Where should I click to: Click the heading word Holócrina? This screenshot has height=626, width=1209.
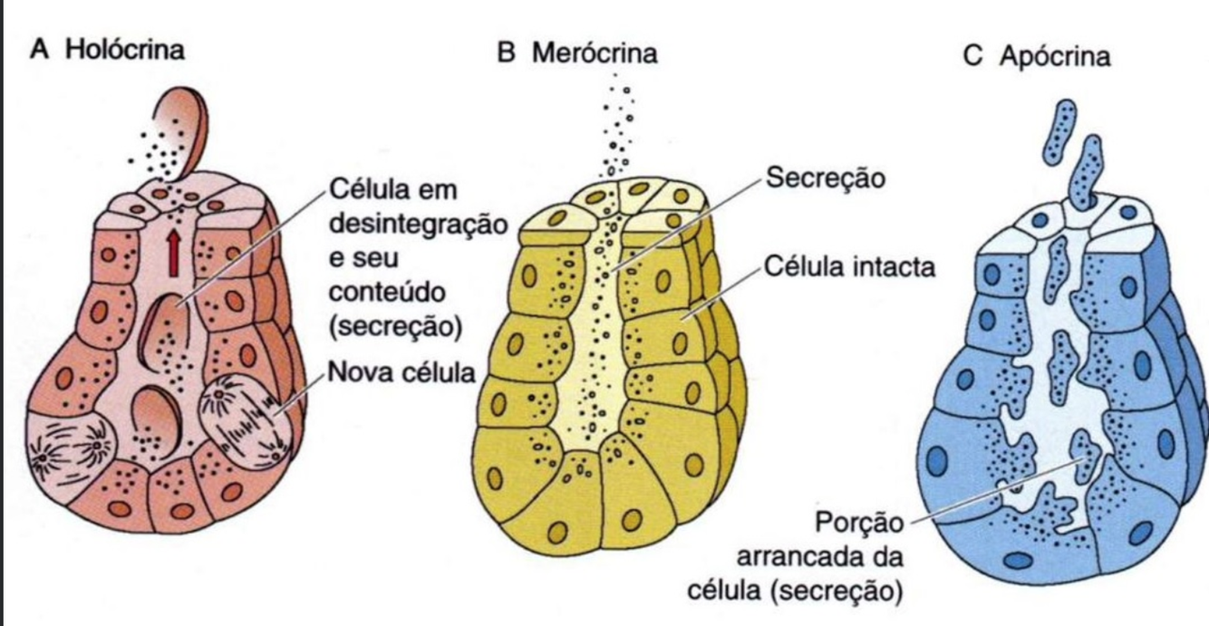(x=132, y=49)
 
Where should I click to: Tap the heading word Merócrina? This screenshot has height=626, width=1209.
(x=594, y=53)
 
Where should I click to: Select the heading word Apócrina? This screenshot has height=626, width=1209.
(x=1055, y=56)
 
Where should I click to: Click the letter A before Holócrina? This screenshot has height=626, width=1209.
(x=39, y=49)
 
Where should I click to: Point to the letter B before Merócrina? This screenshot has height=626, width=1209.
(x=507, y=53)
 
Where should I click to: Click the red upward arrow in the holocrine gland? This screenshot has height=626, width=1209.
(x=172, y=253)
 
